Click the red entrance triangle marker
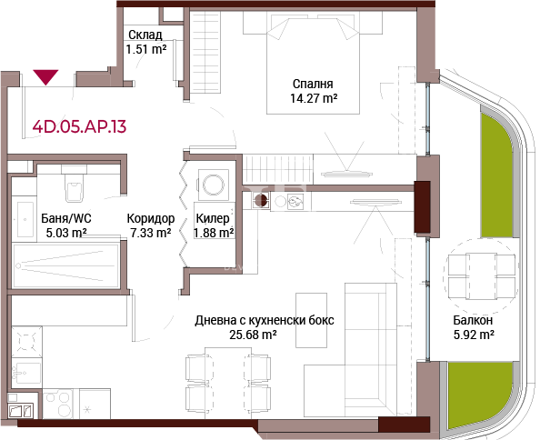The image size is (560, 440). pyautogui.click(x=45, y=76)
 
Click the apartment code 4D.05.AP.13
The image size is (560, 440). pyautogui.click(x=79, y=126)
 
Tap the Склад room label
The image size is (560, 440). pyautogui.click(x=145, y=35)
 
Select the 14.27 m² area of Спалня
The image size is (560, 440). pyautogui.click(x=314, y=98)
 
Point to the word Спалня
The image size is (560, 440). pyautogui.click(x=313, y=84)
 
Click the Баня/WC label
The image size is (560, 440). pyautogui.click(x=66, y=218)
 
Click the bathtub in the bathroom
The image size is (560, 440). pyautogui.click(x=65, y=265)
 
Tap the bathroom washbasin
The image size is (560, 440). pyautogui.click(x=25, y=219)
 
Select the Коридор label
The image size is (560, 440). pyautogui.click(x=151, y=218)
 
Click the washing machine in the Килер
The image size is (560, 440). pyautogui.click(x=214, y=185)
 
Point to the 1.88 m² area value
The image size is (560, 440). pyautogui.click(x=214, y=233)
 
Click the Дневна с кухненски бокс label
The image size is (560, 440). pyautogui.click(x=265, y=320)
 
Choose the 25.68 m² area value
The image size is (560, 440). pyautogui.click(x=253, y=335)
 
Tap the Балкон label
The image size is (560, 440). pyautogui.click(x=473, y=320)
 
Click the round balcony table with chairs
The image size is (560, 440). pyautogui.click(x=481, y=276)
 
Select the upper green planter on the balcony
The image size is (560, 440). pyautogui.click(x=496, y=175)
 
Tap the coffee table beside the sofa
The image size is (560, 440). pyautogui.click(x=311, y=320)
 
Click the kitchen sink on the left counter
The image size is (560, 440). pyautogui.click(x=26, y=374)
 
